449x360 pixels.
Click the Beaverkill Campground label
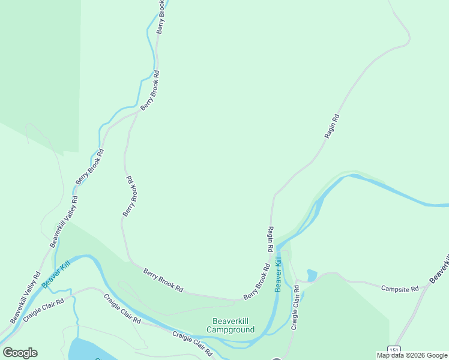point(231,325)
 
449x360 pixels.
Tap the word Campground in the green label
point(231,329)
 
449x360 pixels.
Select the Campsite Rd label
point(399,289)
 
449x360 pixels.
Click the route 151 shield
point(393,349)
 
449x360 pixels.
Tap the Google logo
point(20,353)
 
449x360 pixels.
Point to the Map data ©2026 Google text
point(412,355)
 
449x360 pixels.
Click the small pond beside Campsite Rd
point(312,275)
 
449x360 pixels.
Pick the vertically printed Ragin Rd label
point(271,238)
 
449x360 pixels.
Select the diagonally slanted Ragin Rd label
point(332,127)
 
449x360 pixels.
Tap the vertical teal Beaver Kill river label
point(278,274)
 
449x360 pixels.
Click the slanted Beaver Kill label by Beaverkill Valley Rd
point(56,273)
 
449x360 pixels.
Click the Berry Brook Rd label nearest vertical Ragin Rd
point(256,282)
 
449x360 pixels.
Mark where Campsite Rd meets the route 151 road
point(424,287)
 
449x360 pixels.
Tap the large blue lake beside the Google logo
point(90,349)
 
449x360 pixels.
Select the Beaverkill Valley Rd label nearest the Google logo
point(25,296)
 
